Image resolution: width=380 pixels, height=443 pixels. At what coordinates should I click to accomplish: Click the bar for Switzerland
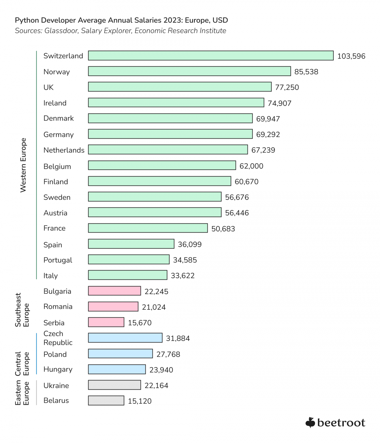210,56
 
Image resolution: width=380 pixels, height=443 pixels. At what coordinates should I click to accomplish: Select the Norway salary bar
189,71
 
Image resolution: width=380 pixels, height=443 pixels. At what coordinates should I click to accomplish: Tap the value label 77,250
287,87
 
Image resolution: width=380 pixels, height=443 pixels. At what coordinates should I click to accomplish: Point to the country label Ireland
55,103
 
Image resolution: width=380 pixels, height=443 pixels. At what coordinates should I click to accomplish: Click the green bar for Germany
170,134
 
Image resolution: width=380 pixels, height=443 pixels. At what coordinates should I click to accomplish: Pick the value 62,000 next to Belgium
251,166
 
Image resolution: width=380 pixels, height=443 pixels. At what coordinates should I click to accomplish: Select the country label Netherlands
64,150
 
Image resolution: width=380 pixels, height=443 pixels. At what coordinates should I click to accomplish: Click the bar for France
148,228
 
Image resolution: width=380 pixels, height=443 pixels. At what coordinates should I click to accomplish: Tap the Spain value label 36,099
189,244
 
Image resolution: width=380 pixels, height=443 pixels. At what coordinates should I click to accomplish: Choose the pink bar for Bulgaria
114,291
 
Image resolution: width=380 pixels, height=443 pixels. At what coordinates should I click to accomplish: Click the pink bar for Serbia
106,322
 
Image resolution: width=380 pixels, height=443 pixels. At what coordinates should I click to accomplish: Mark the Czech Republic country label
58,338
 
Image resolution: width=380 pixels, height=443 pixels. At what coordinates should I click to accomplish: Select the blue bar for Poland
120,354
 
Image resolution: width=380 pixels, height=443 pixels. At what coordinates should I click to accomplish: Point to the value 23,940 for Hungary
161,370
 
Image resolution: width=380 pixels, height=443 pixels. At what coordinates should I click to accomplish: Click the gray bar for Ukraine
114,385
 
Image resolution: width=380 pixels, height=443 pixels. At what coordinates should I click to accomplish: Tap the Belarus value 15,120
139,401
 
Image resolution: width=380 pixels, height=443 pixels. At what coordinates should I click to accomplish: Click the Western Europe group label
23,165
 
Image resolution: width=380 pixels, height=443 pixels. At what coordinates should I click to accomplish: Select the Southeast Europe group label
22,310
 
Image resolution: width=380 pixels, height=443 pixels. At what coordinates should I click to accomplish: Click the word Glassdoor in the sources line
61,31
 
